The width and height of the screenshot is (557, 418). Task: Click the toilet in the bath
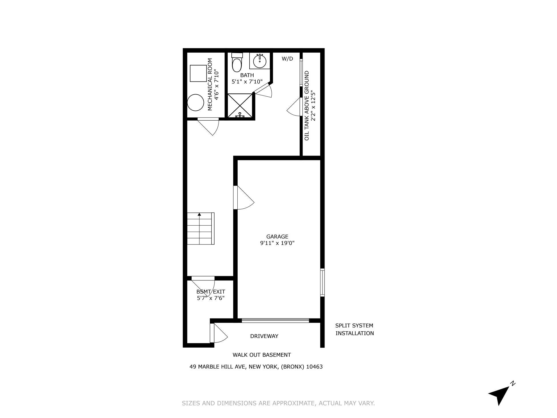click(237, 63)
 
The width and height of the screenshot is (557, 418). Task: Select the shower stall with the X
click(240, 106)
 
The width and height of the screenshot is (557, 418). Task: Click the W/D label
click(287, 59)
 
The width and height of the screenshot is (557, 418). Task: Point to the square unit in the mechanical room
click(198, 73)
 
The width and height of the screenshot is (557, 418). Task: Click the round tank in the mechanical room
click(195, 102)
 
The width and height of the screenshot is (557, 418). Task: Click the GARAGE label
click(277, 236)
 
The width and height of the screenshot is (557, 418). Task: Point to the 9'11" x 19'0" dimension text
click(277, 243)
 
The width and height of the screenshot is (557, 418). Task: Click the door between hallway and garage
click(243, 198)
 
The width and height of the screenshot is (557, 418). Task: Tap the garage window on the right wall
click(322, 282)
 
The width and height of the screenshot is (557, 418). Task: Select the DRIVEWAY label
click(264, 336)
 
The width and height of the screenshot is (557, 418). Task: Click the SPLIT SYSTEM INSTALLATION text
click(354, 329)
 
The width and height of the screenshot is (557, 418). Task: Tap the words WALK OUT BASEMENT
click(262, 355)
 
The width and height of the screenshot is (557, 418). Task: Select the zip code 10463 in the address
click(314, 367)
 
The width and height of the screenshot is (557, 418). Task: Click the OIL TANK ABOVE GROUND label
click(307, 106)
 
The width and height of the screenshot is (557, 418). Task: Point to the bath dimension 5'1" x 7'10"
click(247, 81)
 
